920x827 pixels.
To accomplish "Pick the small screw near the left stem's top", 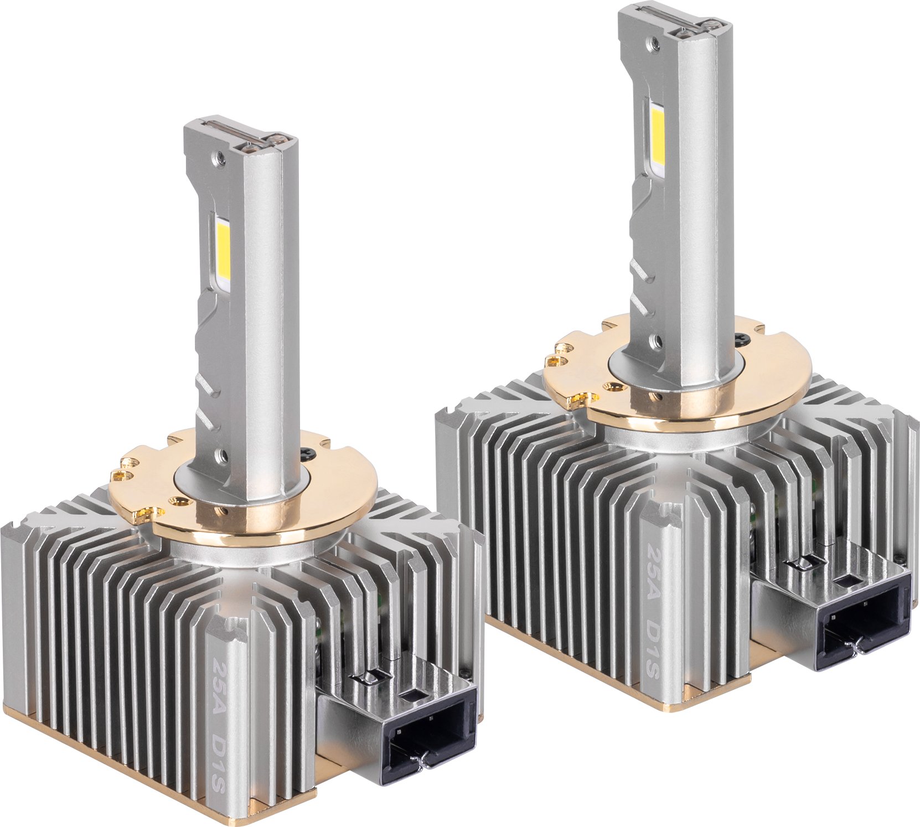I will click(221, 157).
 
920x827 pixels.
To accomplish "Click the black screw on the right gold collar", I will click(742, 338).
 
